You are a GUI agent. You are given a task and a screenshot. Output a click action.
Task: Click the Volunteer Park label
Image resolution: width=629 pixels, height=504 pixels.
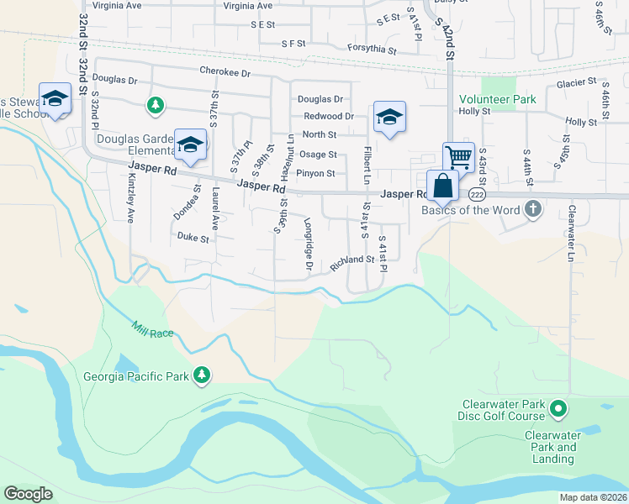click(x=498, y=99)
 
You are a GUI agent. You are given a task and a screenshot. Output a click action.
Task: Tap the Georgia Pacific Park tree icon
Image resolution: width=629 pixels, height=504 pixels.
click(x=201, y=375)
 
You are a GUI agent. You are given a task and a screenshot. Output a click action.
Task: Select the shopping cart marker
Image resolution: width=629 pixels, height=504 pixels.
click(x=458, y=157)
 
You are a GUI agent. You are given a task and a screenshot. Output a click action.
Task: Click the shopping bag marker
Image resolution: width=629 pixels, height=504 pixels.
click(x=442, y=186)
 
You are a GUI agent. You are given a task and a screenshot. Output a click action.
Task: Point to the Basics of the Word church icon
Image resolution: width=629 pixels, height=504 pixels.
click(x=531, y=208)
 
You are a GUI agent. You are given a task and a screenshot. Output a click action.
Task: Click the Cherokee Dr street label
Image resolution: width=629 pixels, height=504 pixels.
click(x=225, y=73)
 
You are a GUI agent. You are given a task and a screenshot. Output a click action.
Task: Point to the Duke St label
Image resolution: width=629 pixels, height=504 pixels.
click(x=193, y=238)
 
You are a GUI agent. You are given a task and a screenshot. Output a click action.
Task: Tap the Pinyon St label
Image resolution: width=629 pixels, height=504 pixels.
click(x=319, y=174)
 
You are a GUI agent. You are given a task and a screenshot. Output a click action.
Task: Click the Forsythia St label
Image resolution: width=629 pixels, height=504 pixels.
click(x=372, y=50)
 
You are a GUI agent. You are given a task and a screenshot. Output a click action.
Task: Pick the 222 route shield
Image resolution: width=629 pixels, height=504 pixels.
click(x=477, y=194)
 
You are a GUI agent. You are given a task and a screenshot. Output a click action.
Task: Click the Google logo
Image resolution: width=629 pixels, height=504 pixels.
click(x=28, y=494)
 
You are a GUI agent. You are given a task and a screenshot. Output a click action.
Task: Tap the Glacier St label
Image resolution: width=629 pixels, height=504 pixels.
click(x=576, y=83)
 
